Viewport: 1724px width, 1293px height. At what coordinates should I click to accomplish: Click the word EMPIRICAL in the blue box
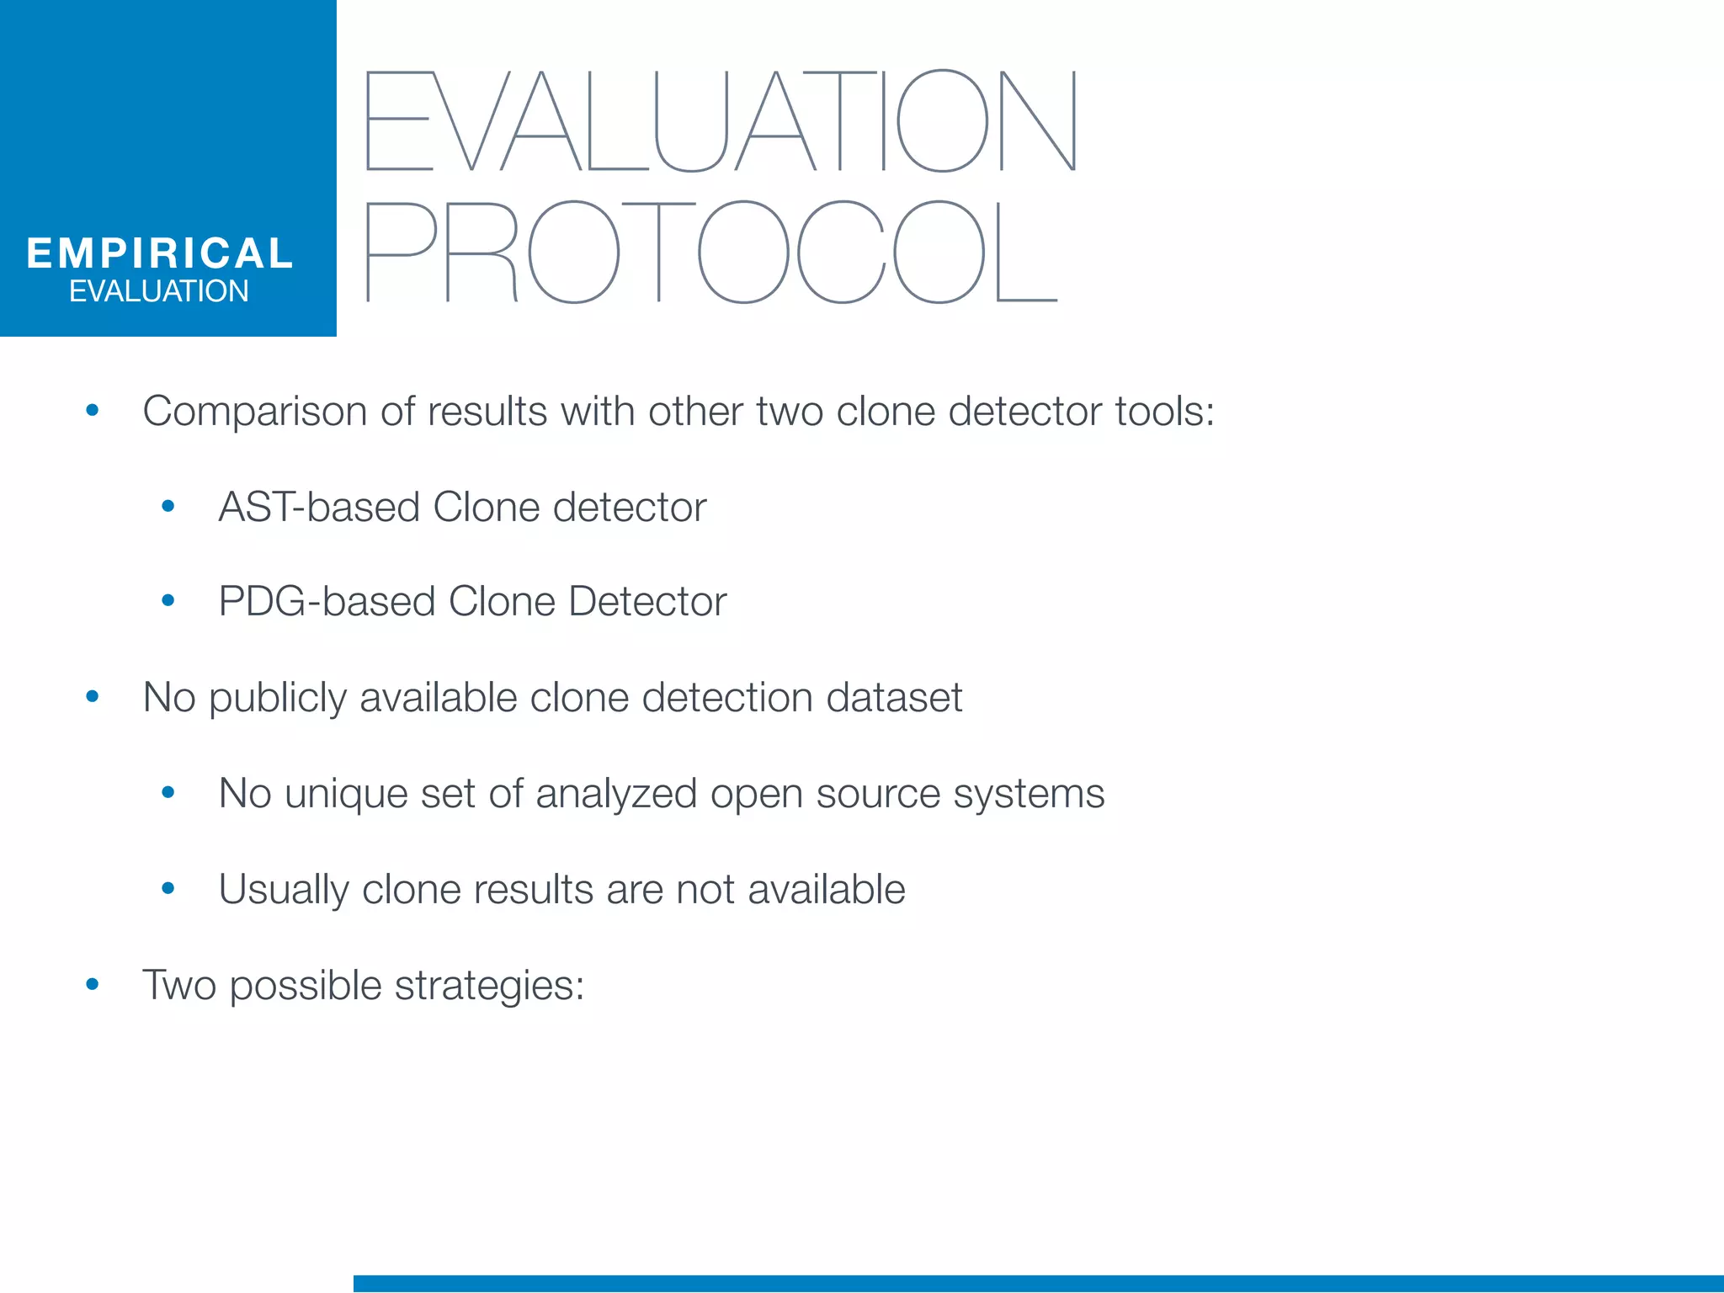click(x=160, y=253)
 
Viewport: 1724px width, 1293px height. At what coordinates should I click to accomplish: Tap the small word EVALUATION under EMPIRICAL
click(x=159, y=291)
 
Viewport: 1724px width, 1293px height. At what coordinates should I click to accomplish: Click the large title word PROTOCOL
click(x=711, y=252)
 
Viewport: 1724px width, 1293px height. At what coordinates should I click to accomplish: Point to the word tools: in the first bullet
click(x=1164, y=412)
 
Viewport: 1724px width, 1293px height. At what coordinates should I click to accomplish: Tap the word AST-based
click(x=319, y=507)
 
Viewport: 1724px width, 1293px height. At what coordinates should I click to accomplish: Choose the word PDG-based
click(x=327, y=602)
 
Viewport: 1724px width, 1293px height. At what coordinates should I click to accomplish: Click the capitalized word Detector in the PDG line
click(x=646, y=602)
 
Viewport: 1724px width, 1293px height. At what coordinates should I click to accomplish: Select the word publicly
click(x=277, y=699)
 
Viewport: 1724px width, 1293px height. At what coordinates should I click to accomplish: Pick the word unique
click(x=346, y=794)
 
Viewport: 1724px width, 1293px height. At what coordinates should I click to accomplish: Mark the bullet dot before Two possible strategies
click(x=93, y=984)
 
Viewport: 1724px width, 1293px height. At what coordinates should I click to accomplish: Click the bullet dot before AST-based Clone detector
click(x=168, y=506)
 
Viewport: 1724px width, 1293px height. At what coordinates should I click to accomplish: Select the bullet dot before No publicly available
click(x=93, y=697)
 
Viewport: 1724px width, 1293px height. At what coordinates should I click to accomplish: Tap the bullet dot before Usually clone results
click(x=168, y=888)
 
